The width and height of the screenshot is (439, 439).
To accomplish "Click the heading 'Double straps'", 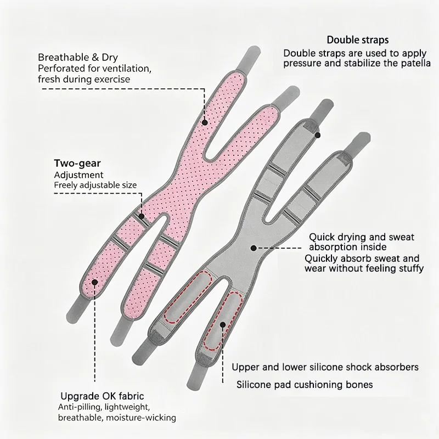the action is [358, 40].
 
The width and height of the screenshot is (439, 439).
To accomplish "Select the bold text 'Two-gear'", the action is [77, 163].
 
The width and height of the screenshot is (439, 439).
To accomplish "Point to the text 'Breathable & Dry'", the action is [78, 58].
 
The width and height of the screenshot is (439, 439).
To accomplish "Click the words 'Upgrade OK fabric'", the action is [102, 396].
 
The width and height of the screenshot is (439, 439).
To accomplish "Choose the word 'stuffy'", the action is [411, 268].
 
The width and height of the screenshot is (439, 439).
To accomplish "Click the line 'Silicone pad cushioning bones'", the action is [305, 385].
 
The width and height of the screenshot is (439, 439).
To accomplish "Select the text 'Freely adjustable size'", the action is [95, 185].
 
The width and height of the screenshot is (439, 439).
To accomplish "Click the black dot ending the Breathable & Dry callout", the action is [205, 122].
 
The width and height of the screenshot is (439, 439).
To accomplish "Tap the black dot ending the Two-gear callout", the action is [142, 216].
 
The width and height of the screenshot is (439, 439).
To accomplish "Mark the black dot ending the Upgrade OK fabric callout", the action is [94, 282].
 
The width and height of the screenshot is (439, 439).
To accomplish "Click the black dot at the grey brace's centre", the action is [254, 248].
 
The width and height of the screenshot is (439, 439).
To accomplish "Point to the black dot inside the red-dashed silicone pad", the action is [223, 324].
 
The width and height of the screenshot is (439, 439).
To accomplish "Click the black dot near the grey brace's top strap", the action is [318, 135].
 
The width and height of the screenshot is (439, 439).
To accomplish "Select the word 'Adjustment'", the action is [78, 175].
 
